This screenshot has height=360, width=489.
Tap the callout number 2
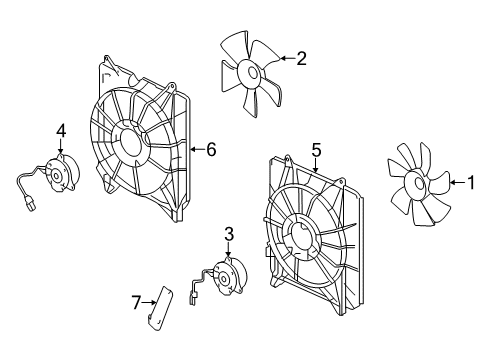301,58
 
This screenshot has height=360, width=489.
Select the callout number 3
229,234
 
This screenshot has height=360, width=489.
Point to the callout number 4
60,130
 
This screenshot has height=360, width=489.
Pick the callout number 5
316,150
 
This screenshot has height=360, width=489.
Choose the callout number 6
210,150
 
